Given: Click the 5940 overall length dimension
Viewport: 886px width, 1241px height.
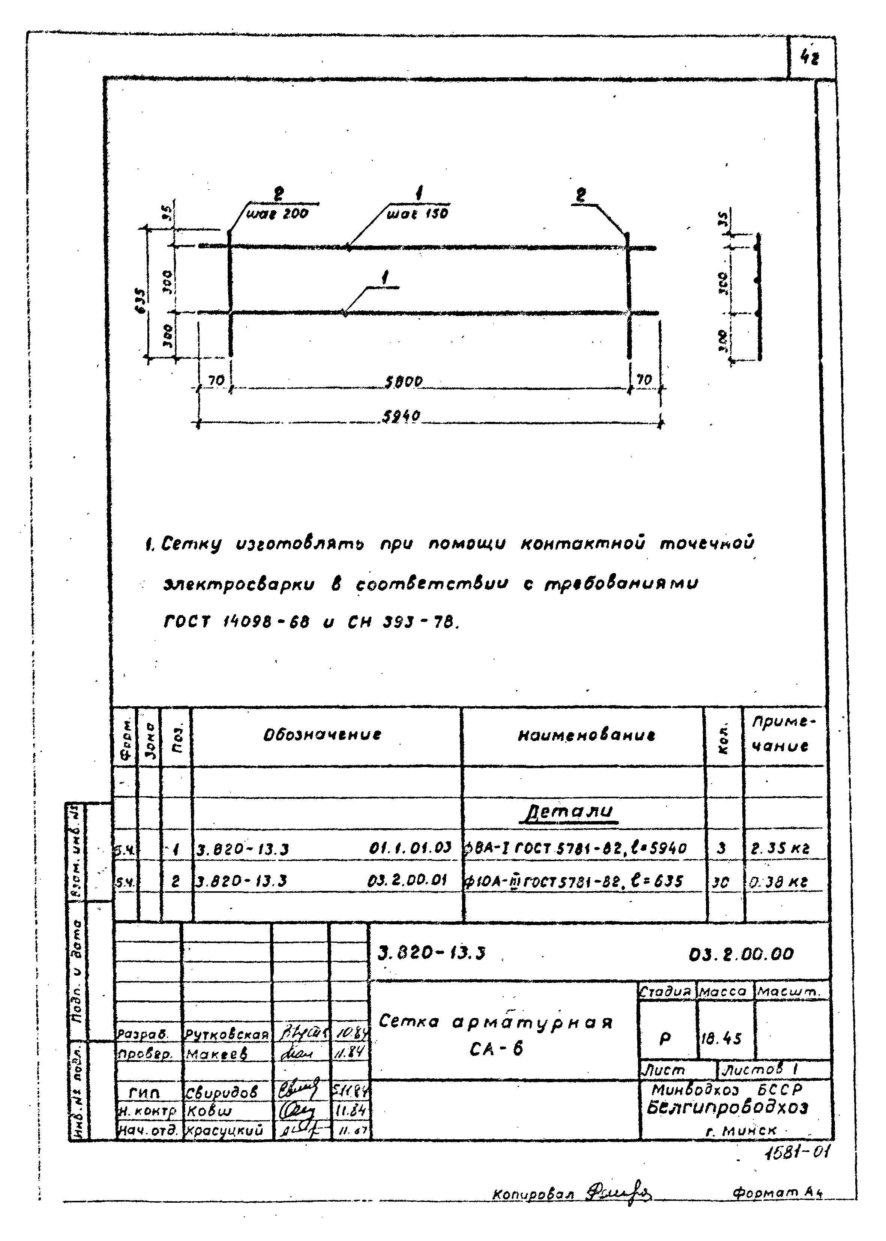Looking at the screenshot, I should click(x=401, y=417).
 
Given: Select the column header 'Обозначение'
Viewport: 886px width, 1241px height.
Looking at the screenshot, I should click(x=323, y=734).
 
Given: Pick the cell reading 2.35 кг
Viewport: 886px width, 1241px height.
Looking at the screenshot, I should click(x=781, y=849).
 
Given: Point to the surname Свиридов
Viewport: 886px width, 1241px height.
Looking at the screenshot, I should click(x=221, y=1092).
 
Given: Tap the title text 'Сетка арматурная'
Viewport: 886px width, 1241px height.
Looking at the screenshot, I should click(x=496, y=1022).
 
